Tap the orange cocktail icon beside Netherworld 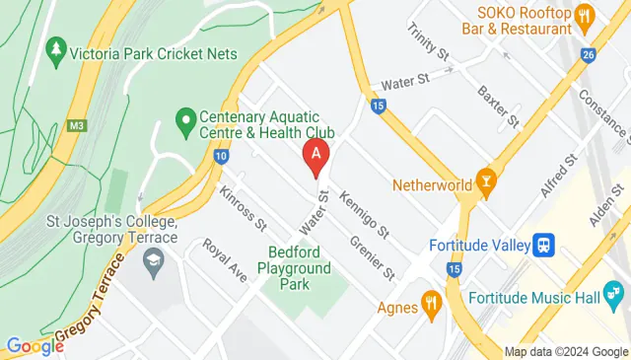click(x=485, y=180)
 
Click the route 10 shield click(x=222, y=156)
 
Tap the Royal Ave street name click(x=224, y=259)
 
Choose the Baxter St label click(x=497, y=107)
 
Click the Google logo click(x=35, y=346)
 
